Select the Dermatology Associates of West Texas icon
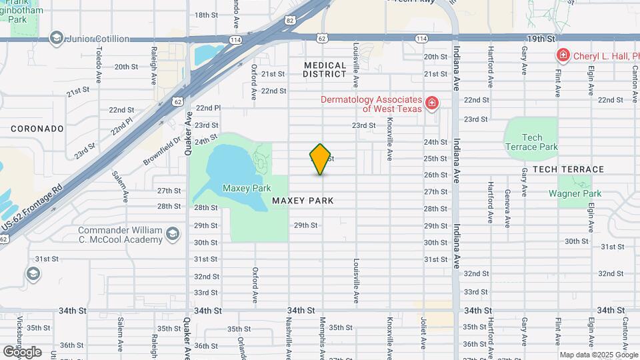432,103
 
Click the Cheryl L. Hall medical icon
563,55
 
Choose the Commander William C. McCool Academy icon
173,233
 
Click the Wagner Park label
575,194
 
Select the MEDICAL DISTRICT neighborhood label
325,70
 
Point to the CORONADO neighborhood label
37,128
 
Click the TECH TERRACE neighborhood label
568,169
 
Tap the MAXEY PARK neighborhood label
303,200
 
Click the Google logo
22,351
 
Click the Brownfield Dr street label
162,152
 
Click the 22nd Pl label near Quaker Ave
208,107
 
